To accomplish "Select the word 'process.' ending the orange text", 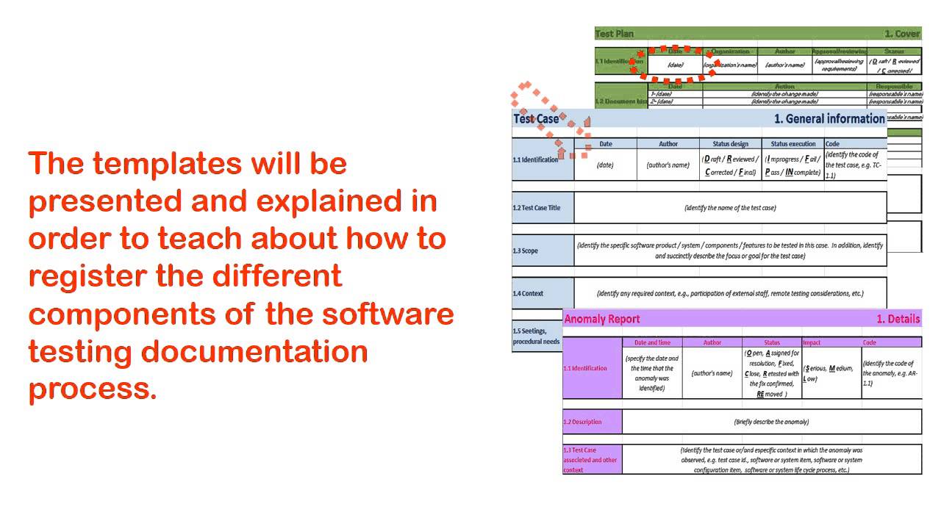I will coord(93,389).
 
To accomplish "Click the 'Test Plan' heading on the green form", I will coord(615,34).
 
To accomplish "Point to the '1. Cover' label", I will coord(902,34).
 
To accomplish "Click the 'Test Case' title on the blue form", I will coord(536,119).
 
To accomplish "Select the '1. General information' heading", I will coord(829,119).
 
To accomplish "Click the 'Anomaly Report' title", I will coord(601,319).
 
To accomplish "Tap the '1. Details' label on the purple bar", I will coord(898,319).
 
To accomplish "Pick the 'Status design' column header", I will coord(731,144).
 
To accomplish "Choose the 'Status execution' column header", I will coord(792,144).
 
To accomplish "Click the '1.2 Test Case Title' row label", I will coord(537,208).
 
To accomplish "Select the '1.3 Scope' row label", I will coord(526,251).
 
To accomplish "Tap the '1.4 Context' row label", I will coord(529,294).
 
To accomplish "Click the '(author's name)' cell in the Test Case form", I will coord(668,165).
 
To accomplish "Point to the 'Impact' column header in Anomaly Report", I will coord(812,342).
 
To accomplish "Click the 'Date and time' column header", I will coord(652,342).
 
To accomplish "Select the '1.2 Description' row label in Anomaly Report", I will coord(582,422).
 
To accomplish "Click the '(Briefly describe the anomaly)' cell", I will coord(771,422).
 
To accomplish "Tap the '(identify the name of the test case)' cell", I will coord(730,208).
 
